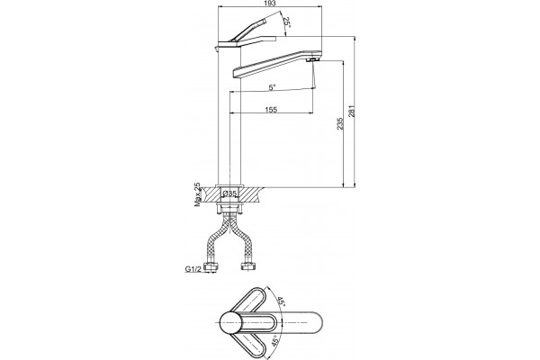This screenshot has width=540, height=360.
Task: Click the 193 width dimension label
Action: [271, 4]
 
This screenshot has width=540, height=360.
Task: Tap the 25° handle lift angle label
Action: [286, 22]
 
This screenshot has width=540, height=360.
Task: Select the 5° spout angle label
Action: [272, 87]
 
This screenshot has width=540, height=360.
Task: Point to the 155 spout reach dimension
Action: [271, 110]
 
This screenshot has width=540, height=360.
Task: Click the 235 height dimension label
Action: [340, 123]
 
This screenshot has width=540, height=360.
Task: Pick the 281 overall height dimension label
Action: [352, 112]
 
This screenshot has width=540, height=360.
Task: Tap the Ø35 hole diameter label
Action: [229, 193]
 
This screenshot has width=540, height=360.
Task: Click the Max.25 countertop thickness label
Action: [198, 194]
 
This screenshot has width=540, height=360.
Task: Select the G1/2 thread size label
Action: [193, 269]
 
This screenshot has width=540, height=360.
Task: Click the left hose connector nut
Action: [210, 266]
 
